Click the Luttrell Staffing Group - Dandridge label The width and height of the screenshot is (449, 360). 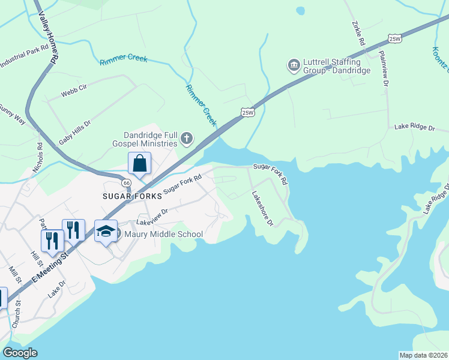[x=331, y=65]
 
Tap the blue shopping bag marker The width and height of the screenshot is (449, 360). [x=139, y=163]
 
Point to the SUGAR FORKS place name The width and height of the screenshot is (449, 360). [x=132, y=196]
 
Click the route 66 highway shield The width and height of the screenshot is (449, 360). [x=126, y=182]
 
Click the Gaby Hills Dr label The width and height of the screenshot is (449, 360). [x=74, y=133]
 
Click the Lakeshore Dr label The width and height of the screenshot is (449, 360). [x=262, y=208]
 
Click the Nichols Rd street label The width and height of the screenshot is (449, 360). [x=38, y=158]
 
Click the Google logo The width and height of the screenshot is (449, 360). [x=20, y=353]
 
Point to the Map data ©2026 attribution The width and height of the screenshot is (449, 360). [x=424, y=355]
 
